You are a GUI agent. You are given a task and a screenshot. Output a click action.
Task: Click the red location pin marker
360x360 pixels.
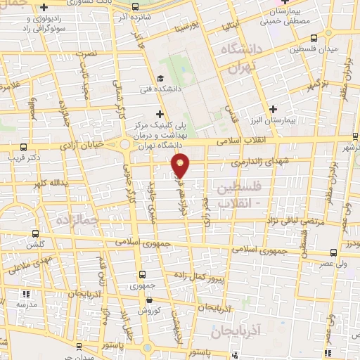pyautogui.click(x=181, y=165)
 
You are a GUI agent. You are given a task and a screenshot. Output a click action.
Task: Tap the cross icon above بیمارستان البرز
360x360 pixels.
pyautogui.click(x=274, y=108)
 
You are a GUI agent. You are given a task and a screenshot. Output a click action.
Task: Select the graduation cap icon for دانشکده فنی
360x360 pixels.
pyautogui.click(x=160, y=79)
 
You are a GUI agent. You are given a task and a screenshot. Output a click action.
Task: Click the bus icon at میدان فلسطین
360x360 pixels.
pyautogui.click(x=314, y=39)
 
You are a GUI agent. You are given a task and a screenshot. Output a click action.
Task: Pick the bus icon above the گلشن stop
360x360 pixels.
pyautogui.click(x=35, y=233)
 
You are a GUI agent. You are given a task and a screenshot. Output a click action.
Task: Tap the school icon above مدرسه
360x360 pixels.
pyautogui.click(x=27, y=294)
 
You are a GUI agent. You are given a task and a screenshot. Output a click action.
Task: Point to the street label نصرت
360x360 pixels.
pyautogui.click(x=86, y=53)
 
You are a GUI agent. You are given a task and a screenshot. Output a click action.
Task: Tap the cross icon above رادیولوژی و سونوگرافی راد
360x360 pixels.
pyautogui.click(x=44, y=8)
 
